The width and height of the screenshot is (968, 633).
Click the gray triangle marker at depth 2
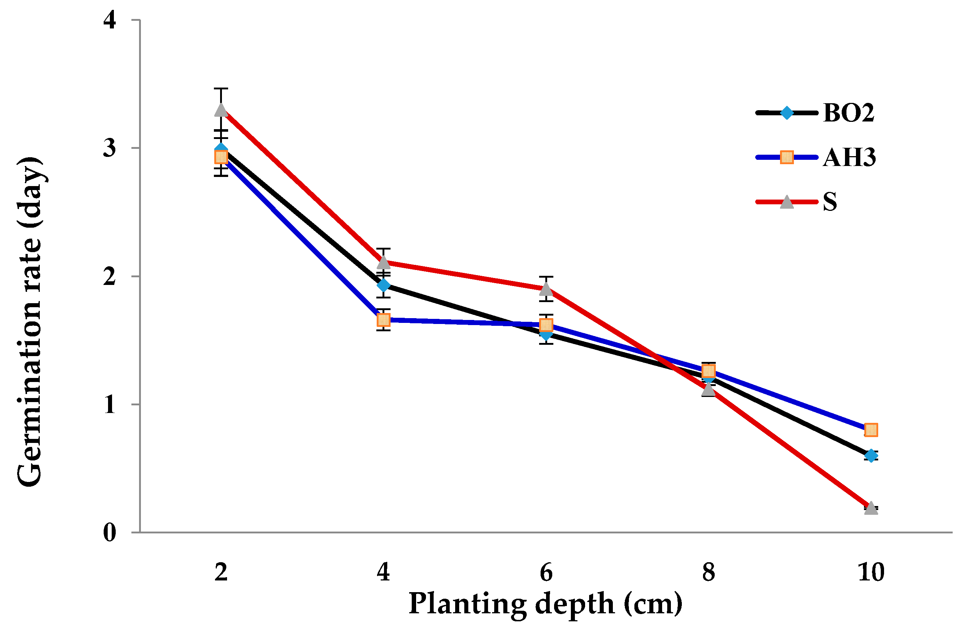(x=221, y=110)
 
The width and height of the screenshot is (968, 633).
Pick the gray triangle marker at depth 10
(x=871, y=508)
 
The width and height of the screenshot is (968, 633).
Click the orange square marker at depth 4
(x=383, y=320)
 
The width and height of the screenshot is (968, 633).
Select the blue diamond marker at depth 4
(x=383, y=285)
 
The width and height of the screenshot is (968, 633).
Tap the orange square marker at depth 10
(x=871, y=430)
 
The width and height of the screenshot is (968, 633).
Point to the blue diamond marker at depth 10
(x=871, y=455)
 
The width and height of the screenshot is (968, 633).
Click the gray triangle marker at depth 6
(x=546, y=289)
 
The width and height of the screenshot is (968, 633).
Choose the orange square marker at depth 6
(x=546, y=325)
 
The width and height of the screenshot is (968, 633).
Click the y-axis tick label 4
(x=110, y=20)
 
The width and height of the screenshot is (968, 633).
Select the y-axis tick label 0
(x=110, y=532)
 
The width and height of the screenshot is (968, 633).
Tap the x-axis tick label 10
(x=871, y=572)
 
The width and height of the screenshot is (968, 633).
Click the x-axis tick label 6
(x=546, y=572)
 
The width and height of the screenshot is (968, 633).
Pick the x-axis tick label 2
(x=221, y=572)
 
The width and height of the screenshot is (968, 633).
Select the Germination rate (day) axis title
(x=29, y=321)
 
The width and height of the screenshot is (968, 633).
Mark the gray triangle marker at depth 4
(x=383, y=262)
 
